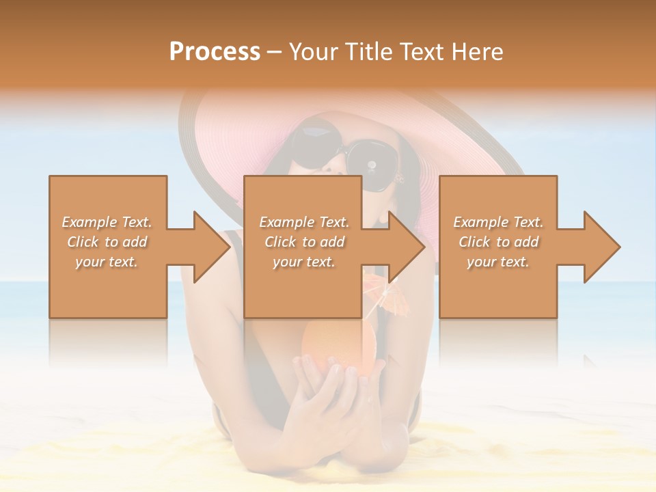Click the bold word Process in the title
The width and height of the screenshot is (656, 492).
215,52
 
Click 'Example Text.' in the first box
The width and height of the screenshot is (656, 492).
107,222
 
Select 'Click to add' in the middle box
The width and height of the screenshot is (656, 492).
304,242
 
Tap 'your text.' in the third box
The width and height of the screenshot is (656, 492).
498,262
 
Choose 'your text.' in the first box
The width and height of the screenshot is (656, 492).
107,262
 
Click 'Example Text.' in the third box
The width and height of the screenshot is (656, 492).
498,222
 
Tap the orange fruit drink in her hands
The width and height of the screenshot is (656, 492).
338,345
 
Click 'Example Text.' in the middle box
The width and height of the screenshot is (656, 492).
304,222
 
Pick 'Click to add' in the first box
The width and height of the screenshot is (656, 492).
107,242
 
